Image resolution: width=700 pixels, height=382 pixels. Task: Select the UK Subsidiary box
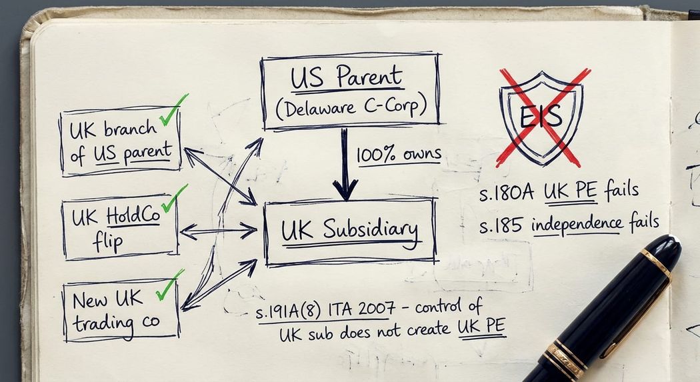coord(350,231)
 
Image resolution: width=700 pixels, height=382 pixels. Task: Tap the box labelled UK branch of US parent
coord(121,141)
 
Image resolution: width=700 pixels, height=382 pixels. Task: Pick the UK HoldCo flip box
coord(121,229)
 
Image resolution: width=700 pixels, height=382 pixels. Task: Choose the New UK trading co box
coord(121,310)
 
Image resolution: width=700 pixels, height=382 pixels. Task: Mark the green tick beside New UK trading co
coord(169,285)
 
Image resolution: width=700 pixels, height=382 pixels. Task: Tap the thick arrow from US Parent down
coord(345,164)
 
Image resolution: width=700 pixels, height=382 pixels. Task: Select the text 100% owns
coord(398,155)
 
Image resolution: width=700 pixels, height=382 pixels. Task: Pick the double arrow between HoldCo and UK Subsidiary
coord(218,231)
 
